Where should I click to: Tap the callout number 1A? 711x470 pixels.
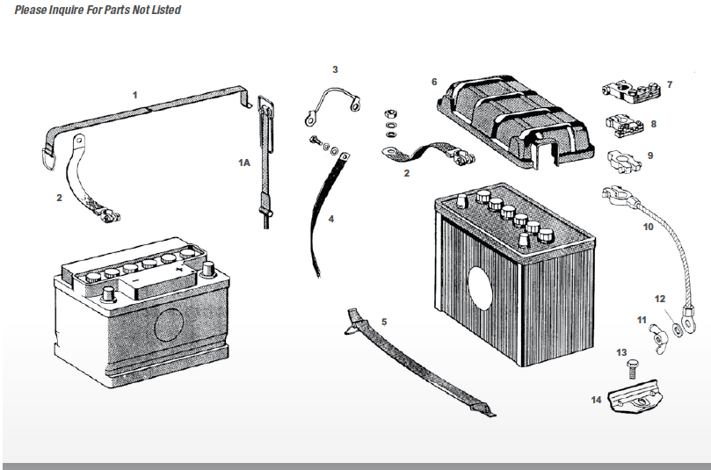tap(243, 163)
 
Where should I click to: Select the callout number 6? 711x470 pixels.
tap(434, 82)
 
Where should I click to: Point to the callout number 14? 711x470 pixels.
tap(597, 399)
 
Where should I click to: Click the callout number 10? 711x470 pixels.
tap(648, 227)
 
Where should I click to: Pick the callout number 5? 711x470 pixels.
tap(384, 322)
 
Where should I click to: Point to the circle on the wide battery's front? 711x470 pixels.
tap(169, 326)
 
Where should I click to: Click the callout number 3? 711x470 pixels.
tap(335, 69)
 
